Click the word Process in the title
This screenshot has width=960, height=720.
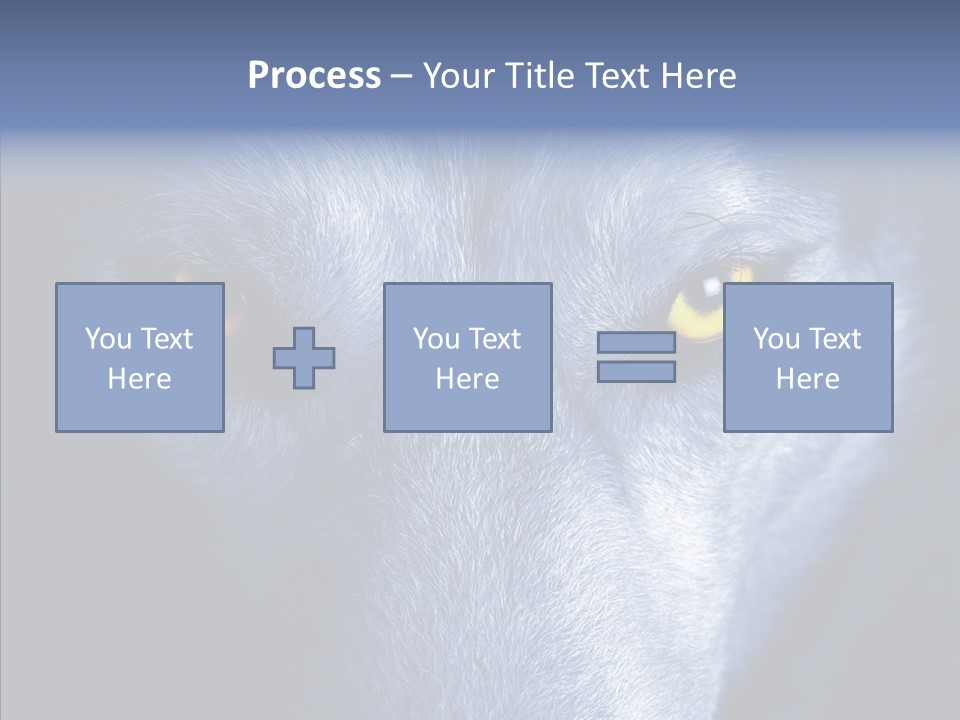tap(314, 76)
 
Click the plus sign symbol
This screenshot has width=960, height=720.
tap(304, 358)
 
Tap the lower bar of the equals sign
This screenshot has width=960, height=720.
tap(636, 372)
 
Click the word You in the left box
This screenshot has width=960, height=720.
tap(108, 339)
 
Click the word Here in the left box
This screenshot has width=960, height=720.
tap(139, 379)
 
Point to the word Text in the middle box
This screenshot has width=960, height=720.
tap(494, 339)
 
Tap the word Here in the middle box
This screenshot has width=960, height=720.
tap(467, 379)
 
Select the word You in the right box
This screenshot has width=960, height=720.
tap(776, 339)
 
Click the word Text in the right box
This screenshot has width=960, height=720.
tap(834, 339)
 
